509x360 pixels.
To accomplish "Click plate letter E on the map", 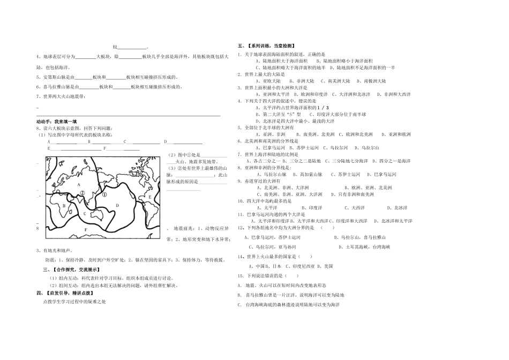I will (x=149, y=197).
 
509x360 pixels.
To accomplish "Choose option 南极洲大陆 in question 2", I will (x=375, y=81).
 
